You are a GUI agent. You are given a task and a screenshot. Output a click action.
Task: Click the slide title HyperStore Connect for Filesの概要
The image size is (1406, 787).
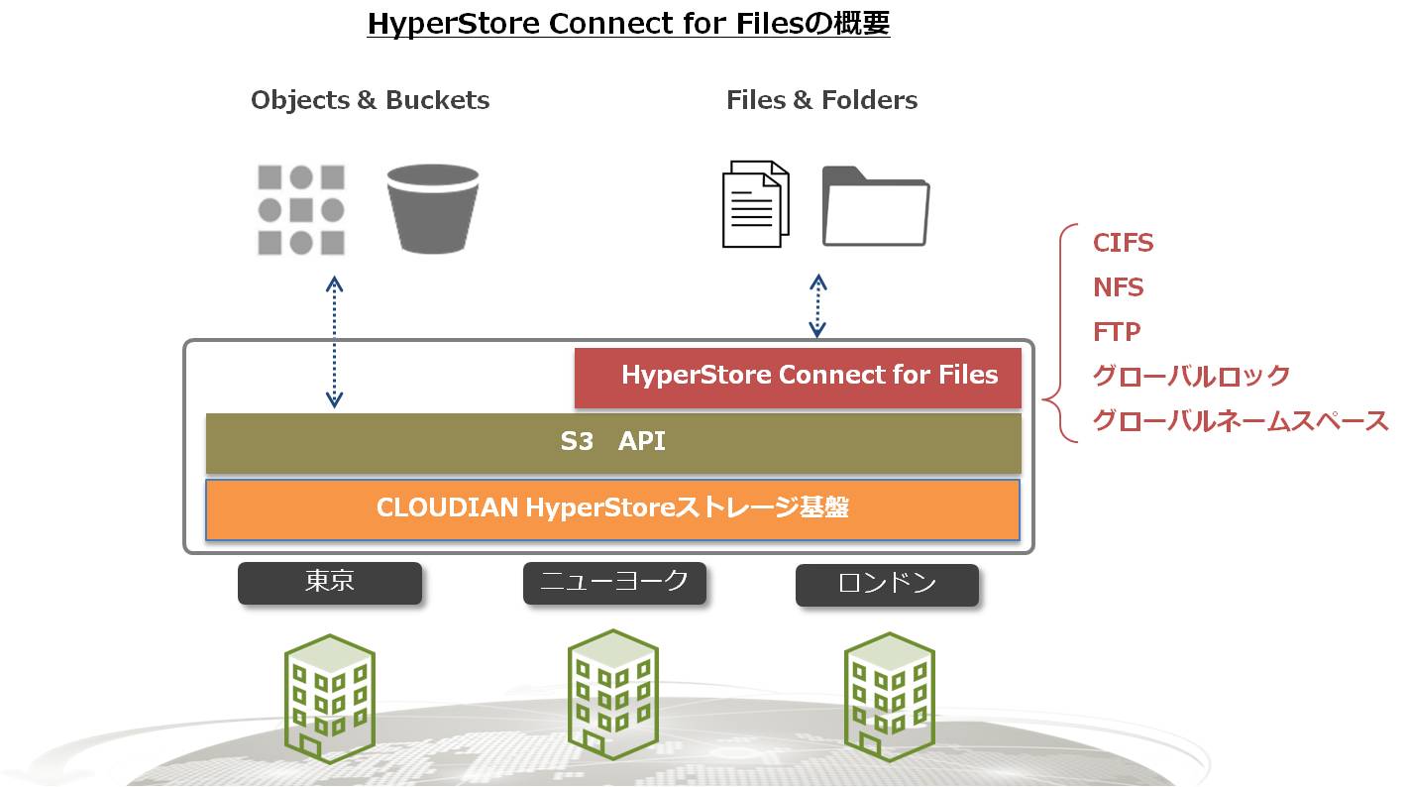[x=628, y=24]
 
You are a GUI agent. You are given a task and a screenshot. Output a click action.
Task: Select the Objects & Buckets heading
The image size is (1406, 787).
[x=371, y=100]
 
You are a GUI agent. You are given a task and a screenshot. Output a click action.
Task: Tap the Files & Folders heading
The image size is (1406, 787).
[x=821, y=100]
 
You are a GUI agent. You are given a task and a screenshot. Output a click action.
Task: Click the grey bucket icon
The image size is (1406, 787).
[x=432, y=209]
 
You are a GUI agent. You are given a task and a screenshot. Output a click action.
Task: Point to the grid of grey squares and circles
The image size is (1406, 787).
[x=301, y=210]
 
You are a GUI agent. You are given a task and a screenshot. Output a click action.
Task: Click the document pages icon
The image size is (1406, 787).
[x=756, y=204]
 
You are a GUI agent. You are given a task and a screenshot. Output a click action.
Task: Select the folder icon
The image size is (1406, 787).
[x=876, y=206]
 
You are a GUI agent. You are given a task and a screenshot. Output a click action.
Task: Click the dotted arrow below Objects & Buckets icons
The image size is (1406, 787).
[x=334, y=342]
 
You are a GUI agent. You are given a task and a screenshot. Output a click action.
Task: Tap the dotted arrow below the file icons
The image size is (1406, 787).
[x=817, y=306]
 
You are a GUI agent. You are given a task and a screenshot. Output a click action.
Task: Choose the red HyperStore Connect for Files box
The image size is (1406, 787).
[x=798, y=378]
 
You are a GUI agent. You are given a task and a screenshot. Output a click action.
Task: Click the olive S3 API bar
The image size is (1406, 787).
[x=613, y=443]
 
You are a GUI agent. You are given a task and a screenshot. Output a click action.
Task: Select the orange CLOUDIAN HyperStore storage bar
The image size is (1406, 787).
[x=612, y=509]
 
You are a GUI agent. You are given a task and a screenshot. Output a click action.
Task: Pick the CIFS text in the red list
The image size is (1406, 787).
[x=1123, y=243]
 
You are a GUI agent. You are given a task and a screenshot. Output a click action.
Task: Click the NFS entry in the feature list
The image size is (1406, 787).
[x=1118, y=287]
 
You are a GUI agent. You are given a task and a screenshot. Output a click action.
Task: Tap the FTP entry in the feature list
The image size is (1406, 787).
[x=1117, y=332]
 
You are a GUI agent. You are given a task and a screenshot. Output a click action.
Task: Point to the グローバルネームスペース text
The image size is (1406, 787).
[x=1241, y=421]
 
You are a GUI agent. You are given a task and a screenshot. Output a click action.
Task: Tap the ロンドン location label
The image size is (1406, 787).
[x=887, y=585]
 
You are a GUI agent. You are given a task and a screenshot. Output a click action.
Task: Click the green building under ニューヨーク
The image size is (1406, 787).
[x=612, y=695]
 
